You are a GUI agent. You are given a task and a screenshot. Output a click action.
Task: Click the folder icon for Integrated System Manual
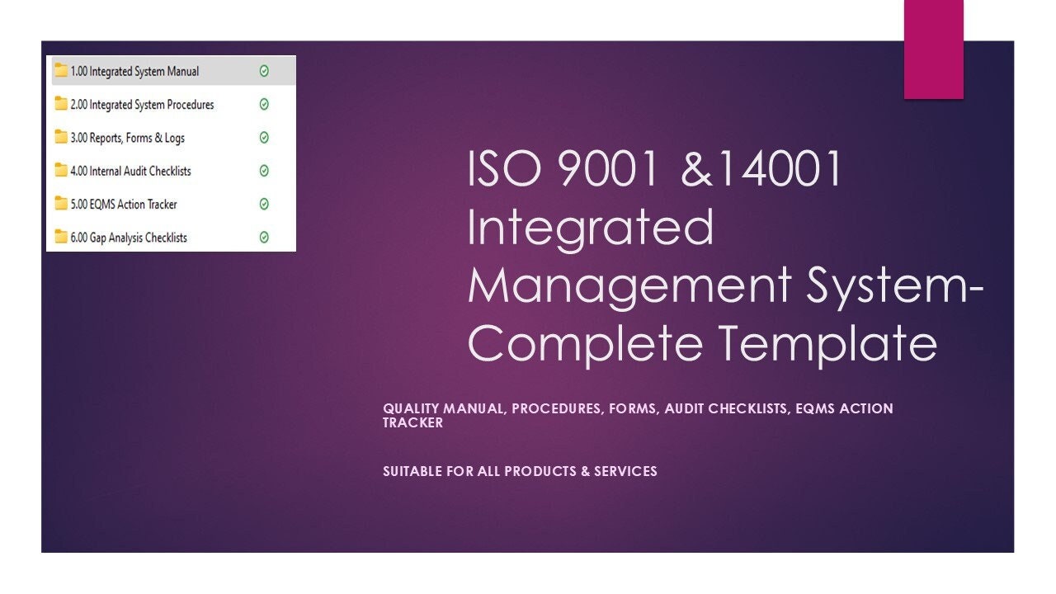[61, 71]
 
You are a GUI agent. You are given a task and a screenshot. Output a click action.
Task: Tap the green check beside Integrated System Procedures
[264, 105]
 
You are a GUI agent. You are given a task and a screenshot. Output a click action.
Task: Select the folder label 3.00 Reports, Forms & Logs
[127, 138]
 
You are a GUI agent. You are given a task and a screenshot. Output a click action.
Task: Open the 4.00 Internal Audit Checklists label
[130, 171]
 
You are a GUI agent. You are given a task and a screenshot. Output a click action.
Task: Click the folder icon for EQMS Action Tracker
[61, 203]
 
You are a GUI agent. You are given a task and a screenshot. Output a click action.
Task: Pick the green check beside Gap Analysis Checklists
[264, 238]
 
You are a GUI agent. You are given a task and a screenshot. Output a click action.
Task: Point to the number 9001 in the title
[609, 168]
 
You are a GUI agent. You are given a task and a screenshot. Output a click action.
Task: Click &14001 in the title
[763, 168]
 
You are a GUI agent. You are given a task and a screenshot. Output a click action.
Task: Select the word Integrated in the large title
[590, 228]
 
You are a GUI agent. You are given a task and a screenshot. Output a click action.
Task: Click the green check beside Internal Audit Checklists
[264, 171]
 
